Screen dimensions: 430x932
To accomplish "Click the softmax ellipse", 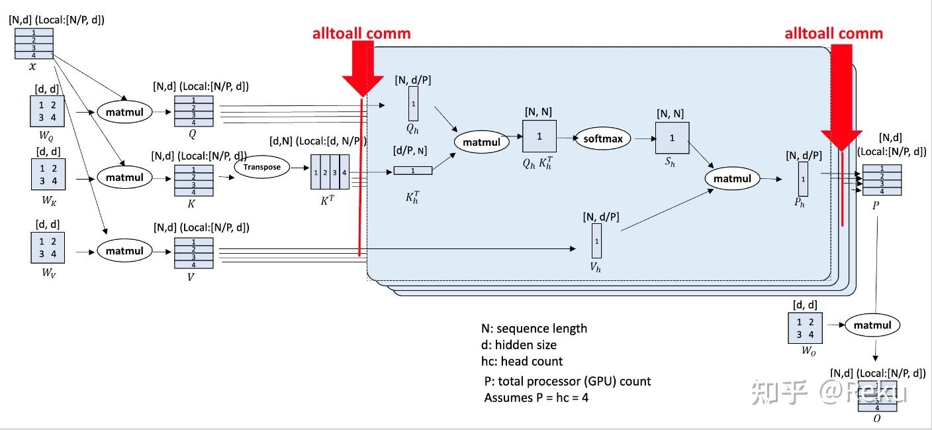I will pos(603,138).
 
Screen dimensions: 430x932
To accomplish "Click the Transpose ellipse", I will pos(261,167).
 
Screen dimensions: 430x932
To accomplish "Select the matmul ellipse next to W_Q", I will pos(124,111).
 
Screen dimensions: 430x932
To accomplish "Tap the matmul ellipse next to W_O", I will pos(872,325).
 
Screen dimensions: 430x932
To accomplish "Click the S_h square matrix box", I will pos(673,138).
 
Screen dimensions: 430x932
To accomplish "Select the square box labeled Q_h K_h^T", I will pos(539,136).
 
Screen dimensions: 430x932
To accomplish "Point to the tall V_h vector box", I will pos(596,241).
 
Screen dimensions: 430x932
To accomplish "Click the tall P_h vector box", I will pos(803,178).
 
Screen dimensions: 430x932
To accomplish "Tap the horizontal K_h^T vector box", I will pos(412,171).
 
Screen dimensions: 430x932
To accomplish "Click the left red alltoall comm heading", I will pos(361,34).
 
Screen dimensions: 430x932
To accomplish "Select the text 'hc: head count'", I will pos(522,361).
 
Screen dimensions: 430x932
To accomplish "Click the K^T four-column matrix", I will pos(330,172).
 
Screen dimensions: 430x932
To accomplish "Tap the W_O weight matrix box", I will pos(804,327).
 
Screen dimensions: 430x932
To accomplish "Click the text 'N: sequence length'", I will pos(534,329).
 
